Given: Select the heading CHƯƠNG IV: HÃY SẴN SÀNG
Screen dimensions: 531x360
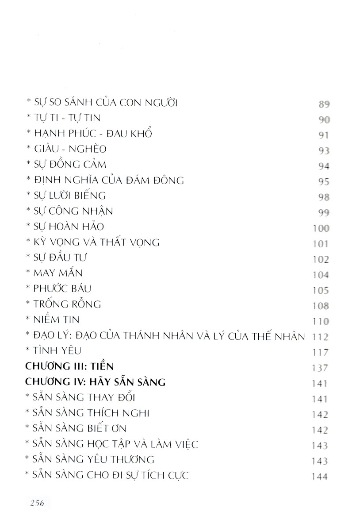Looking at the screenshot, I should pos(96,382).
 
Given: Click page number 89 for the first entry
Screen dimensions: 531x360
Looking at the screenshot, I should pos(324,105).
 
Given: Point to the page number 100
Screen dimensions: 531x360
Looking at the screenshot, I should pos(320,229).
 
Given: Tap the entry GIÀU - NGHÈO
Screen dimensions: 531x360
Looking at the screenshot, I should pos(66,150).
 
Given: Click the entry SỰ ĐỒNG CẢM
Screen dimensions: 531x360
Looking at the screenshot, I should pos(66,165).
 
